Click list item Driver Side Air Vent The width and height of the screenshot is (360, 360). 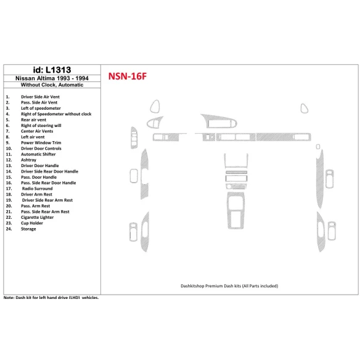click(41, 97)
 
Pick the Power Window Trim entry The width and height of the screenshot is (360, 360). click(41, 142)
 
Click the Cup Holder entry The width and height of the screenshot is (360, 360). click(33, 223)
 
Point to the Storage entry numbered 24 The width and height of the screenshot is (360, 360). click(28, 229)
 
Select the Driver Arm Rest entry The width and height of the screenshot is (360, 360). click(36, 194)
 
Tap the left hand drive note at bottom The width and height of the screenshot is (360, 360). click(51, 298)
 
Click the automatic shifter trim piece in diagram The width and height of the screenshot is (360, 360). click(235, 213)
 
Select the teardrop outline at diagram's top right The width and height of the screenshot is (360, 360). click(304, 109)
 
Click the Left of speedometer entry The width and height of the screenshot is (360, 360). click(41, 108)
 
